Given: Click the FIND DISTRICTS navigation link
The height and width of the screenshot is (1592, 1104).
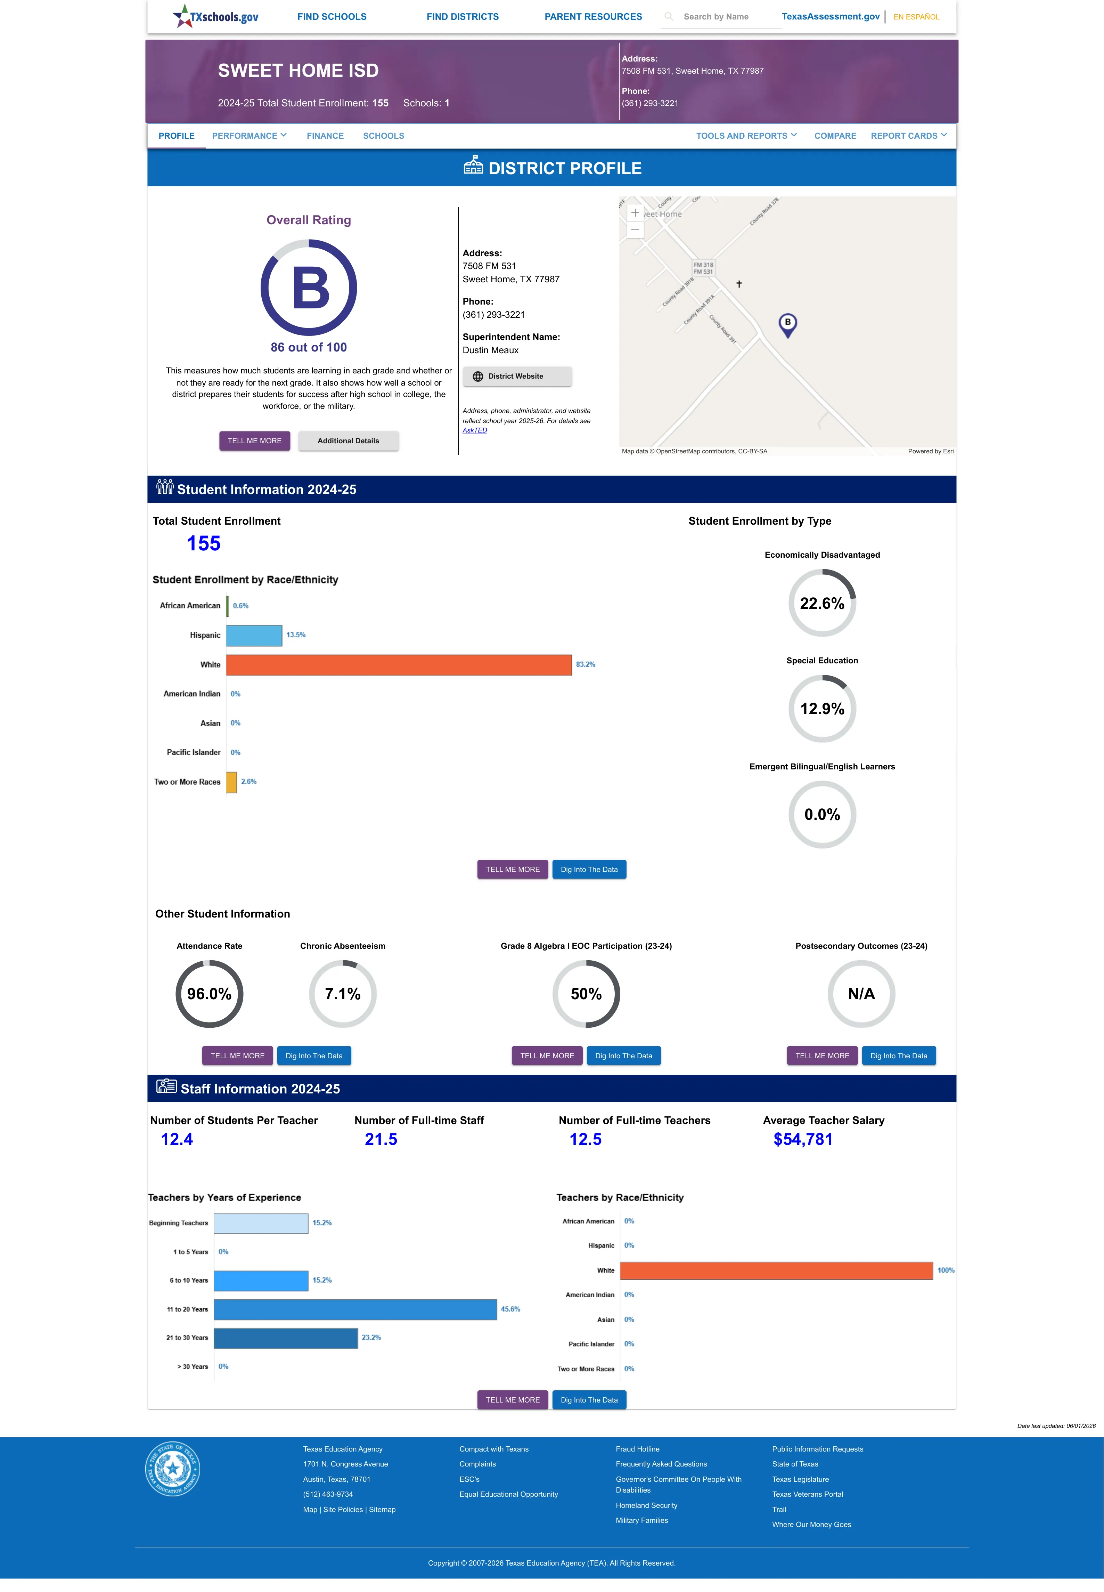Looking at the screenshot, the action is point(462,17).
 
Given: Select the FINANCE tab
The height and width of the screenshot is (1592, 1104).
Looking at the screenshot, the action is point(325,136).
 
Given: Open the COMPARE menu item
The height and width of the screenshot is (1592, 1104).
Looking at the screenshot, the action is point(835,136).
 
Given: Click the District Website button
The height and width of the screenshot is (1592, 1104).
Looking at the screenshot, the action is point(517,377).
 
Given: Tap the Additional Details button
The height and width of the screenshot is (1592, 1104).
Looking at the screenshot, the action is point(348,441).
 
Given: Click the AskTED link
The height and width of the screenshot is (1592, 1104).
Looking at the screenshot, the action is point(475,430).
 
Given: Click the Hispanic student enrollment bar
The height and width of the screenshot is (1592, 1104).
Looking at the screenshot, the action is point(254,635).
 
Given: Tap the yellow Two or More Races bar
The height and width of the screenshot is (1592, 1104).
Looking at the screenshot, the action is point(232,782).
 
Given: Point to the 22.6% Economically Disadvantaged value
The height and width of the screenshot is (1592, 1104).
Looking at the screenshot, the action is point(822,603).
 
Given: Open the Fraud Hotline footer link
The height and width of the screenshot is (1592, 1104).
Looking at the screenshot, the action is point(637,1449).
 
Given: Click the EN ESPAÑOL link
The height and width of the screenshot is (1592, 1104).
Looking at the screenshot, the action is point(916,17).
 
